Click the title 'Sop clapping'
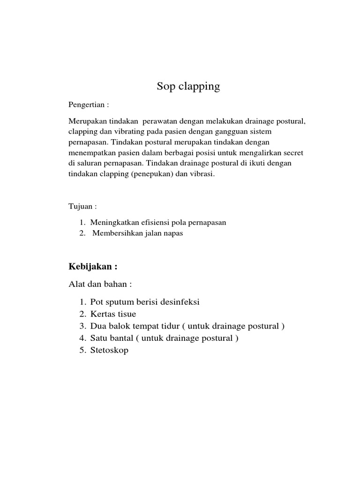tap(188, 87)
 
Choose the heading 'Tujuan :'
tap(82, 207)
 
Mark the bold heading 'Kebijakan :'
tap(92, 267)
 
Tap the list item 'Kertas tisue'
tap(113, 314)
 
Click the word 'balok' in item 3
tap(123, 326)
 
